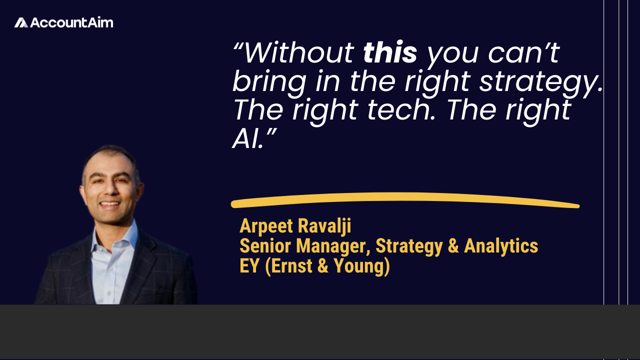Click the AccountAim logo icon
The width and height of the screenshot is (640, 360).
[21, 22]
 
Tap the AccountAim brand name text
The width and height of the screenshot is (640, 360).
[71, 22]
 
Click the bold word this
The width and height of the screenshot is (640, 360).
[390, 53]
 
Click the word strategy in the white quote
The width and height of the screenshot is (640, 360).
[540, 82]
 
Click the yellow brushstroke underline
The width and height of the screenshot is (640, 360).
[405, 199]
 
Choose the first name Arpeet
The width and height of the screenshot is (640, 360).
[266, 226]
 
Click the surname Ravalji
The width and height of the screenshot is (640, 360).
[324, 226]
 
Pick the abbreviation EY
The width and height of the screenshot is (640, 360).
[249, 265]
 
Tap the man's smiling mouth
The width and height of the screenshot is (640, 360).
[110, 204]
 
